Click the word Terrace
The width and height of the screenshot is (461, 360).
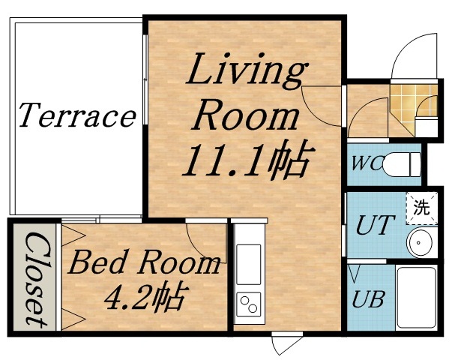coord(76,116)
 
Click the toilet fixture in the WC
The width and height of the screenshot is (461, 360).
coord(405,162)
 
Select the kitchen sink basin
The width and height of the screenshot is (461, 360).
coord(248,258)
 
